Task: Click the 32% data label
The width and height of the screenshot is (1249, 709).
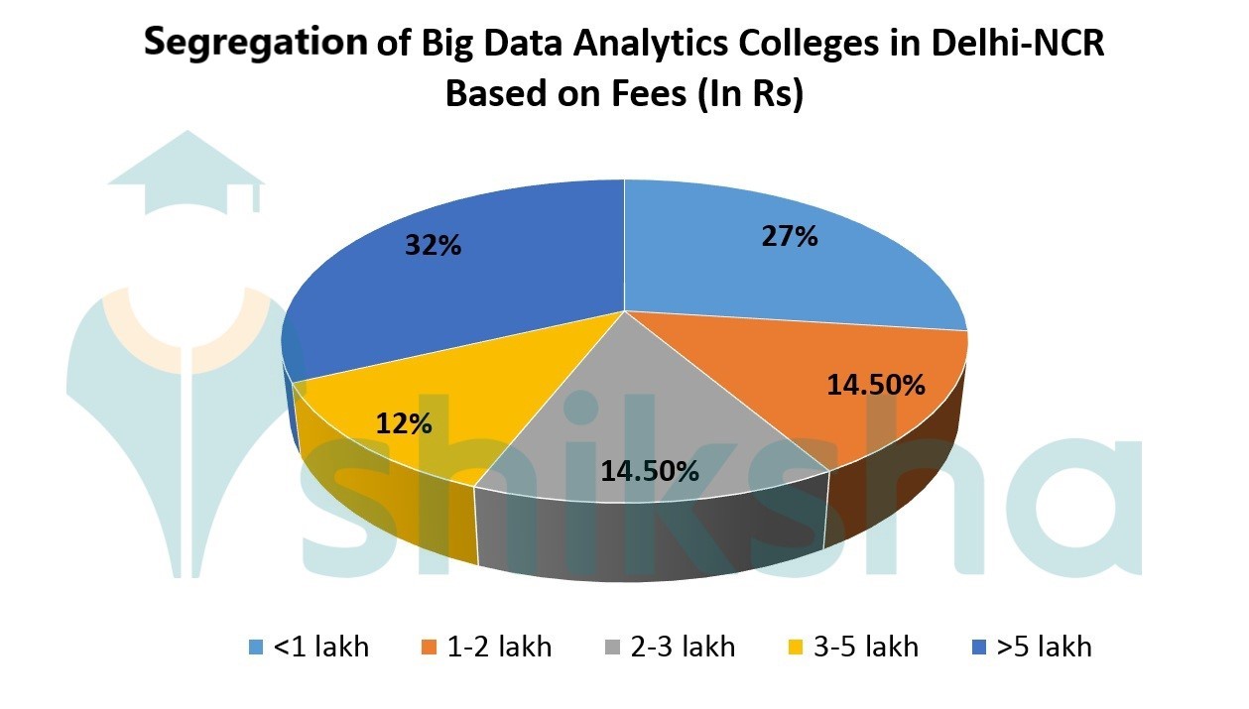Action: click(433, 245)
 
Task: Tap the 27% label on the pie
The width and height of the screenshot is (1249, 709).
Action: click(790, 236)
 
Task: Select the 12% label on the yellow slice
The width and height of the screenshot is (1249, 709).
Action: click(404, 423)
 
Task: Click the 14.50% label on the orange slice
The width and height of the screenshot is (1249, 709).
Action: click(876, 384)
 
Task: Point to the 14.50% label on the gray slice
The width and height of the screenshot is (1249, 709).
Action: click(650, 470)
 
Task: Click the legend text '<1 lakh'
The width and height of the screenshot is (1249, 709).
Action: click(320, 648)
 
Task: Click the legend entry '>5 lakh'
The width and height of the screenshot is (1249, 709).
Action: click(1044, 648)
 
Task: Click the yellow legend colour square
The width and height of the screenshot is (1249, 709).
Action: click(796, 649)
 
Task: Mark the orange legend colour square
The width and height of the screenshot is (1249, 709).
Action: click(429, 649)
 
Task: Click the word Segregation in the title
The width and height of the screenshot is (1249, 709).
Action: click(256, 44)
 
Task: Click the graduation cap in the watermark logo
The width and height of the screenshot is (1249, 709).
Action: click(187, 174)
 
